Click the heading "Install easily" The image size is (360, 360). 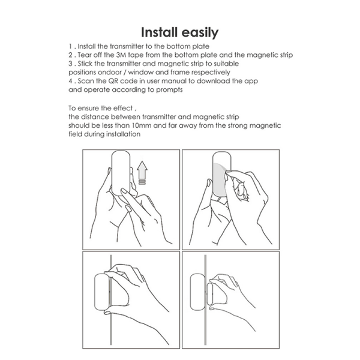coord(179,32)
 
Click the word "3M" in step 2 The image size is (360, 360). coord(121,55)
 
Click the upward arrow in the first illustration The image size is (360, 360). coord(142,169)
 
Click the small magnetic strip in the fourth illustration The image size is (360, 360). coord(210,294)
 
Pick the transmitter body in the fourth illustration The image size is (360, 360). coord(197,292)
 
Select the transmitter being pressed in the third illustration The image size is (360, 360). coord(102,292)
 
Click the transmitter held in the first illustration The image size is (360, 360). coord(121,173)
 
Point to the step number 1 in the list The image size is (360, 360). coord(70,46)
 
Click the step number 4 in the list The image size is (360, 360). coord(70,81)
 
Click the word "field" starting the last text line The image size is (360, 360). coord(76,134)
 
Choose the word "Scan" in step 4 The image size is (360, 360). coord(86,81)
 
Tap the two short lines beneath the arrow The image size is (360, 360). coord(142,182)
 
